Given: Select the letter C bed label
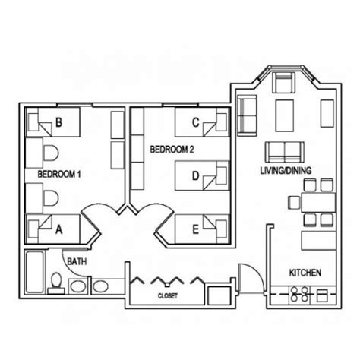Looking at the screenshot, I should click(195, 122).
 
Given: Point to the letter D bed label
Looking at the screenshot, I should click(195, 176).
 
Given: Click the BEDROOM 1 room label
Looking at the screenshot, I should click(54, 175).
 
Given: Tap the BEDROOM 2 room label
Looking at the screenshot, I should click(172, 150).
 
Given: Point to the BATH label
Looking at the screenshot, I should click(77, 262).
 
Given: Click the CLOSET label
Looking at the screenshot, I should click(168, 295).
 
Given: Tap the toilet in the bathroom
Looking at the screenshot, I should click(55, 285).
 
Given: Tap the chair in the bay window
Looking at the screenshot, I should click(283, 83).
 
